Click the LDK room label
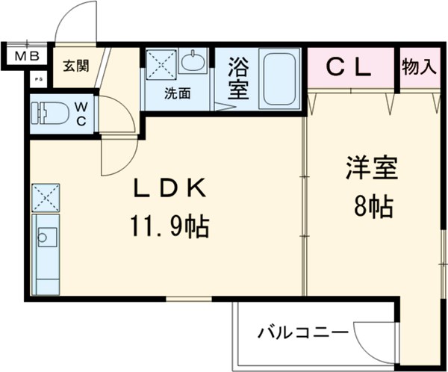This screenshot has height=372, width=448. tap(169, 189)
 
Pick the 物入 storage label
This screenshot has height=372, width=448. tap(418, 66)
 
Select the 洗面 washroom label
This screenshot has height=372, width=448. tap(178, 94)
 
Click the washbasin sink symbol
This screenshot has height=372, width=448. tap(193, 63)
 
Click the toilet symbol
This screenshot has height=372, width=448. tap(49, 114)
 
